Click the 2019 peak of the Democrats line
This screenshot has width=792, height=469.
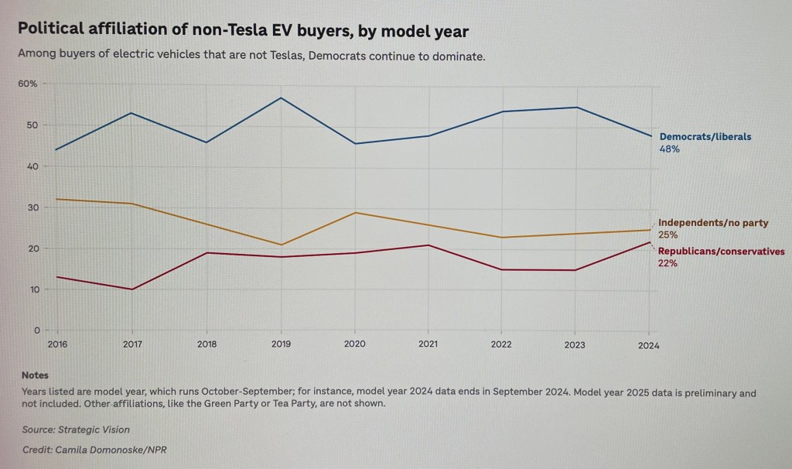coord(280,98)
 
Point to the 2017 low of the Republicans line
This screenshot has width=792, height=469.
coord(131,289)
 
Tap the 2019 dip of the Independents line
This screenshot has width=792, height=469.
coord(280,245)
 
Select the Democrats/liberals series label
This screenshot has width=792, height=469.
coord(705,137)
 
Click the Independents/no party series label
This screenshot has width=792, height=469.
coord(713,223)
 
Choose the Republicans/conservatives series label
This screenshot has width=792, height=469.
coord(722,252)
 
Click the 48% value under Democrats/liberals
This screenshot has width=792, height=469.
coord(669,149)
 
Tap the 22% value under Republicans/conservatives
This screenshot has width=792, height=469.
coord(668,264)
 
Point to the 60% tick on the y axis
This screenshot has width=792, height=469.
coord(28,84)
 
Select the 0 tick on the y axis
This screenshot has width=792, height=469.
coord(35,330)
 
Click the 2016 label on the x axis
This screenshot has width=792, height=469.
coord(57,344)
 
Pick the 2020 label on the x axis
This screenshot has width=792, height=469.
coord(354,344)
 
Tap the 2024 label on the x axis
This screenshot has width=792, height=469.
coord(648,346)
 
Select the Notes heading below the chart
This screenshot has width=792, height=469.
coord(36,375)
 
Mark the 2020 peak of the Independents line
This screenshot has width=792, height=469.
coord(355,212)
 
